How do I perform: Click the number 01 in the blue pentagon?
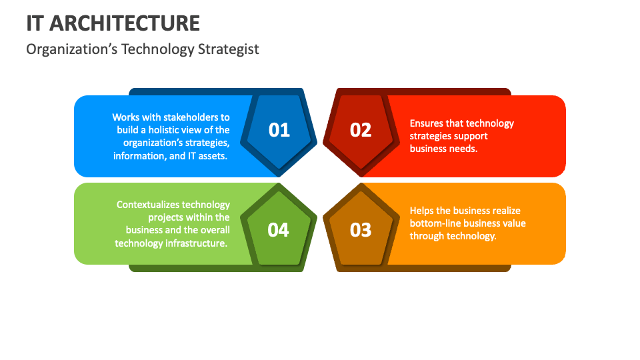pyautogui.click(x=279, y=130)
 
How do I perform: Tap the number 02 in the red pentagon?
pyautogui.click(x=361, y=130)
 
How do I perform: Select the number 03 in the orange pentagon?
pyautogui.click(x=361, y=230)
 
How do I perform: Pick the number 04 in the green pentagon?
pyautogui.click(x=279, y=230)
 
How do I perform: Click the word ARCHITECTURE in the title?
pyautogui.click(x=125, y=23)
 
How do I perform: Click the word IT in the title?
pyautogui.click(x=35, y=23)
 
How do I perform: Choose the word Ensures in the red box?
pyautogui.click(x=427, y=123)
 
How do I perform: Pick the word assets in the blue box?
pyautogui.click(x=213, y=156)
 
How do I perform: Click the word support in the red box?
pyautogui.click(x=471, y=136)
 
